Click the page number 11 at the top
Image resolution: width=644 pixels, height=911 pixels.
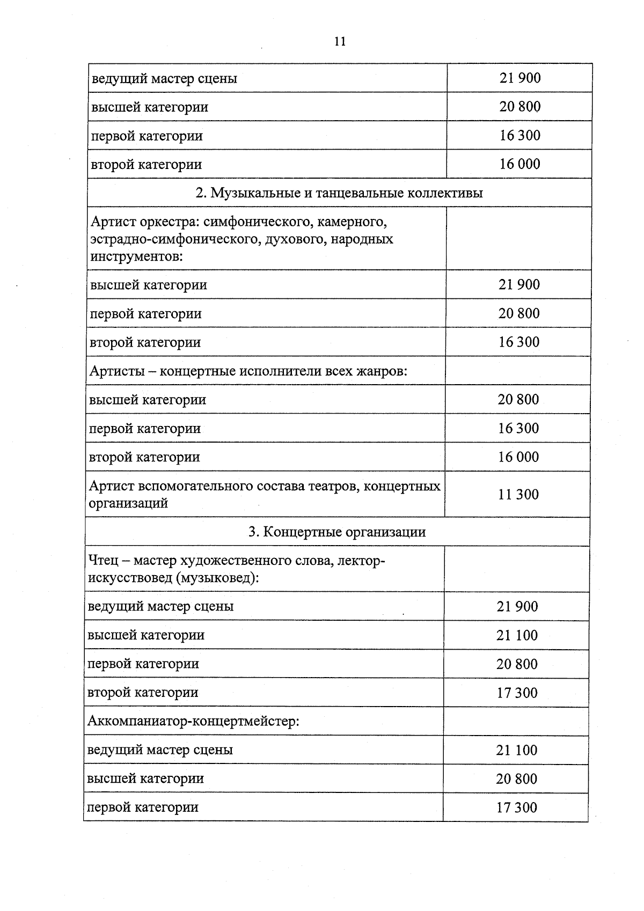point(339,42)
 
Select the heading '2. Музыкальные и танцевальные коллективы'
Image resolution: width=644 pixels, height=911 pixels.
point(339,193)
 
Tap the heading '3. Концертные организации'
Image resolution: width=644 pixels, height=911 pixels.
point(336,532)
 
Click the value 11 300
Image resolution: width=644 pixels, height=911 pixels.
point(518,494)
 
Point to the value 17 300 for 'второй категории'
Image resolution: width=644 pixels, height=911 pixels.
point(517,693)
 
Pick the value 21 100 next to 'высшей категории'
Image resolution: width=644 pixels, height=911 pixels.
point(517,635)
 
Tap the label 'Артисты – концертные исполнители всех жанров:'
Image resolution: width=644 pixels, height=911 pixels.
point(248,371)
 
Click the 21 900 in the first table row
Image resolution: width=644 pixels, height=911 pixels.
point(520,78)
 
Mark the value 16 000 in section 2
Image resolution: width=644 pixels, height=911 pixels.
point(518,457)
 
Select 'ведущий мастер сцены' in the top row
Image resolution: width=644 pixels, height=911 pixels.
point(164,79)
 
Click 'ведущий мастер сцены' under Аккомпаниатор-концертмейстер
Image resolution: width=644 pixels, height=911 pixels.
point(160,750)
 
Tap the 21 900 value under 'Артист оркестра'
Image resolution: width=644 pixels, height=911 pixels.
point(519,285)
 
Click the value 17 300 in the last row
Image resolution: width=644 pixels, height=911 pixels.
point(516,807)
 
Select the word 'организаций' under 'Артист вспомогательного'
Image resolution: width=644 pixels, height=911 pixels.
point(128,503)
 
